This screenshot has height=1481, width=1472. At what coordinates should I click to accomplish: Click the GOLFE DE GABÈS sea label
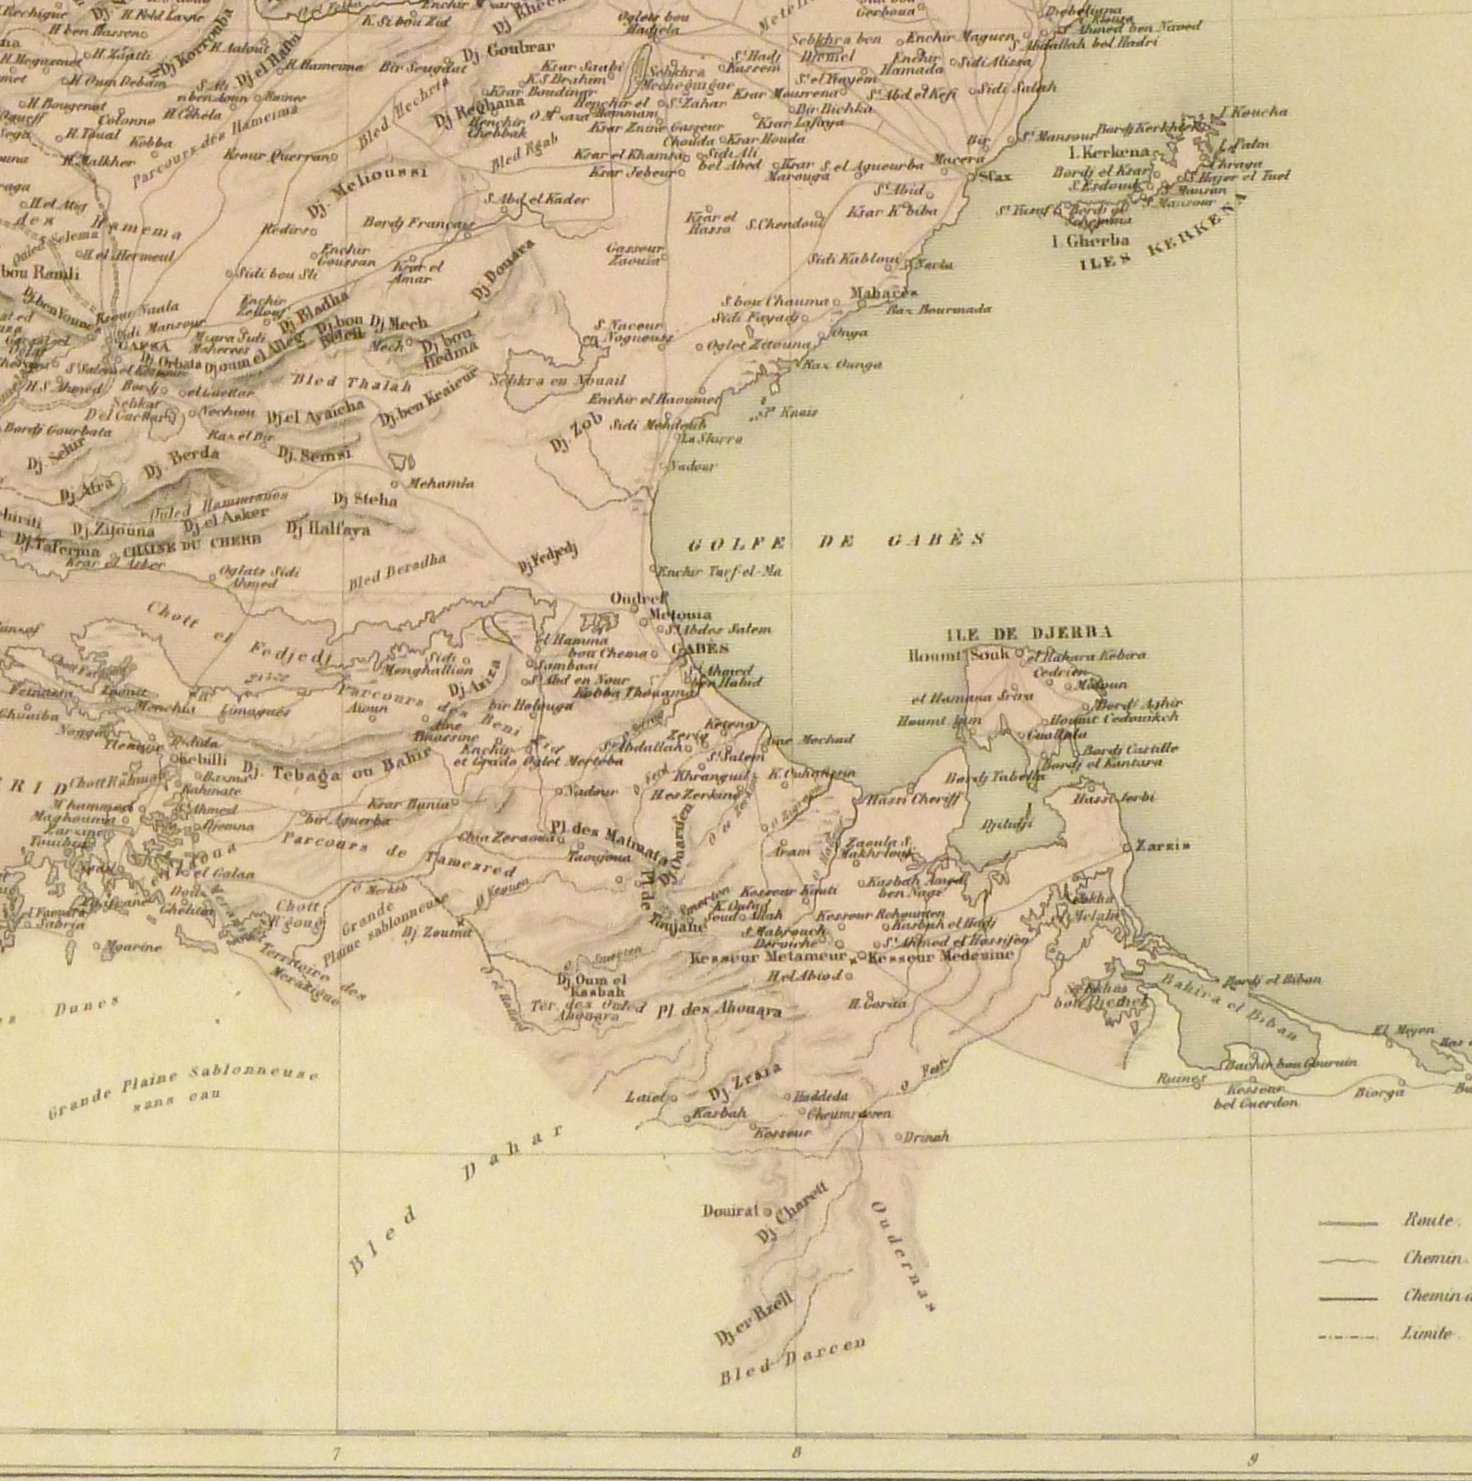837,540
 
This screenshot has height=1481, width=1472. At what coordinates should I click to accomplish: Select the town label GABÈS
700,648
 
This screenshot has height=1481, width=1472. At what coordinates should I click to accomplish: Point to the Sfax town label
996,176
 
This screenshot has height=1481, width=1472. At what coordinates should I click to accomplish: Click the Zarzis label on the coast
1163,846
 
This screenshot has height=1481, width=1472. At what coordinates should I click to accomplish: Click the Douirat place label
731,1211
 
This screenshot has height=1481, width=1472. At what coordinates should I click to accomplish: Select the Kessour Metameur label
768,958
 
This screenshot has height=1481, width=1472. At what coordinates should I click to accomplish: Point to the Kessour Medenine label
941,956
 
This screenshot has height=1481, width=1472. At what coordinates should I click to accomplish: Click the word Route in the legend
1428,1220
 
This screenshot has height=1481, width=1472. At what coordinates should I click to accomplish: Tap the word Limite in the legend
1427,1333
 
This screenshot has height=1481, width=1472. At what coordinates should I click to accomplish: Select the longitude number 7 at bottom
336,1454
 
